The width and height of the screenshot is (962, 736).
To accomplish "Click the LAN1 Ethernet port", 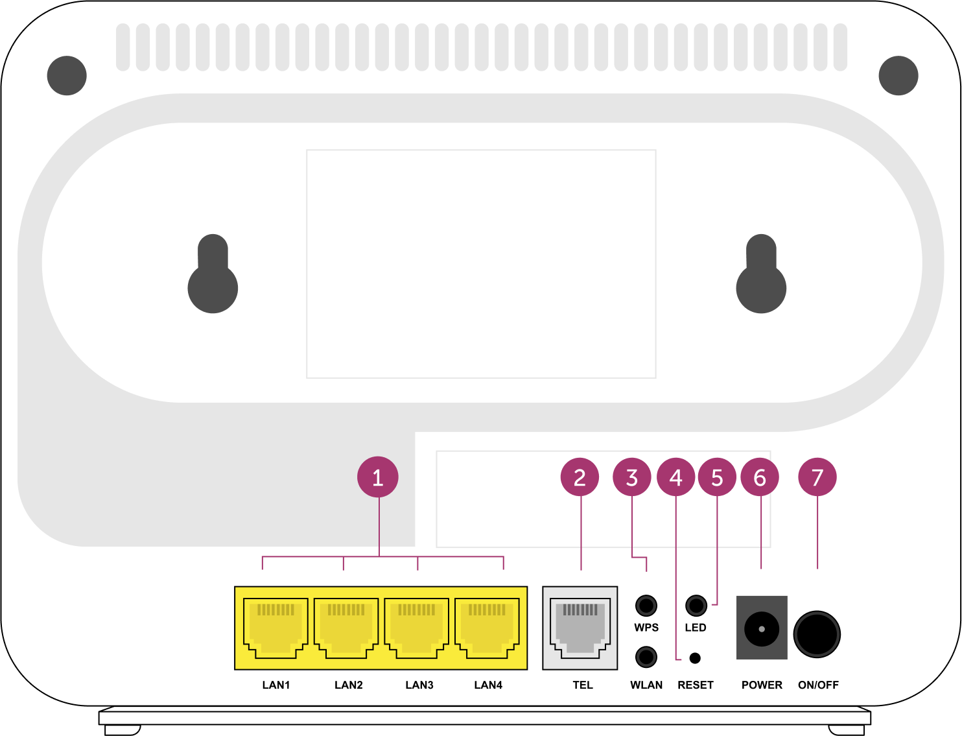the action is pos(276,628).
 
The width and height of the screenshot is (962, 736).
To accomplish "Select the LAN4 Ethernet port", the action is pos(487,628).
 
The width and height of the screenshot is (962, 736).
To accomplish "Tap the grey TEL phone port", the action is pos(580,628).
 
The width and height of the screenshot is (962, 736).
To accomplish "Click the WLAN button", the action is pos(646,657).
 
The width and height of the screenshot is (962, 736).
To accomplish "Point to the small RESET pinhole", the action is pos(695,658).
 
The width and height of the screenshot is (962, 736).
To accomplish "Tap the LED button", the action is pos(696,606).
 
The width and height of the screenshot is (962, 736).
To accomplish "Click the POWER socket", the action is pos(762,628).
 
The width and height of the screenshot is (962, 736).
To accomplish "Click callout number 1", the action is pos(378,477).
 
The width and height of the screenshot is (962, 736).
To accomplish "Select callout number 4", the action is pos(676,477).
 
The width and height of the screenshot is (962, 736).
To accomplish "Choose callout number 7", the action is pos(817,477).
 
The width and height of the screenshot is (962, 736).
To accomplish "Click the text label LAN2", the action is pos(348,685).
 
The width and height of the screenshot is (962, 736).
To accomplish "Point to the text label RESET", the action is pos(696,685).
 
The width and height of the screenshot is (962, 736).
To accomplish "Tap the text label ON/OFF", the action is pos(818,685).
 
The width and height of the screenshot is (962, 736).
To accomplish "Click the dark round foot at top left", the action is pos(67,75).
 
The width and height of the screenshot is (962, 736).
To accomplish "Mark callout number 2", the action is pos(580,477).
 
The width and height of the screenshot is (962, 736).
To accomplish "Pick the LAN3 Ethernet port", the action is pos(416,628).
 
